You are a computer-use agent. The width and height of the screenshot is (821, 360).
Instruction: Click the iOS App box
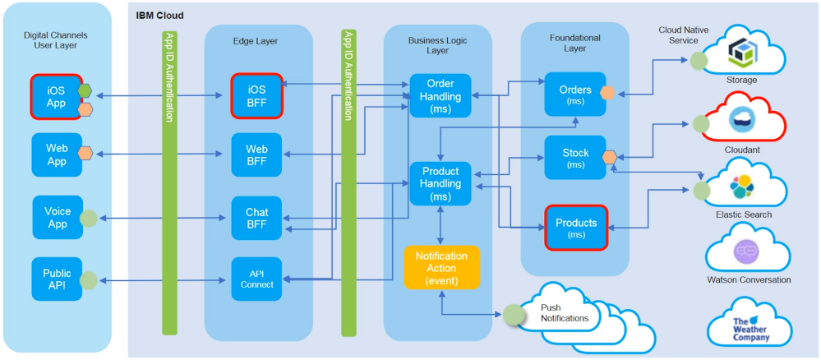56,97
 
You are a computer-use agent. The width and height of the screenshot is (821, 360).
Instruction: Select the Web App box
56,154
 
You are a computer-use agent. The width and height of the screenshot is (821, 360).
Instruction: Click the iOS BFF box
256,96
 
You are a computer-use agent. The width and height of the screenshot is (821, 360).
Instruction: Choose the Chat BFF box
256,219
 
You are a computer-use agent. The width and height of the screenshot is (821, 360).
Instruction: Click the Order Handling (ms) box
440,96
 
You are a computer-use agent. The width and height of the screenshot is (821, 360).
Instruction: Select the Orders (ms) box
574,95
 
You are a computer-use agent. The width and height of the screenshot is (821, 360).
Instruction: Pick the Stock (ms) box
574,158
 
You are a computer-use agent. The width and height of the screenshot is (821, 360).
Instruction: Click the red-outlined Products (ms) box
575,228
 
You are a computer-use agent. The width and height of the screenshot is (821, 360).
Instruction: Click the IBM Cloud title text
159,16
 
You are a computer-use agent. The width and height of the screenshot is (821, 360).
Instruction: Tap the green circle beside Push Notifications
514,314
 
